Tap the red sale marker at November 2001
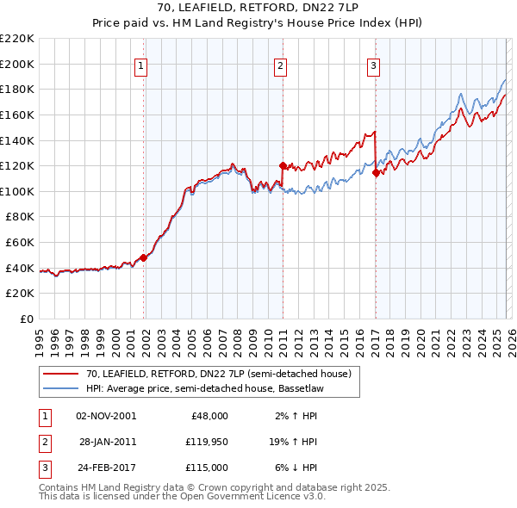pos(144,257)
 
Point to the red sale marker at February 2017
pos(376,172)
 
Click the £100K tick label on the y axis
pos(17,191)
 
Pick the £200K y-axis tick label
pos(17,64)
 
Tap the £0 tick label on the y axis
pos(26,319)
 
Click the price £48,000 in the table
pos(209,416)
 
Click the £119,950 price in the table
pos(205,442)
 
